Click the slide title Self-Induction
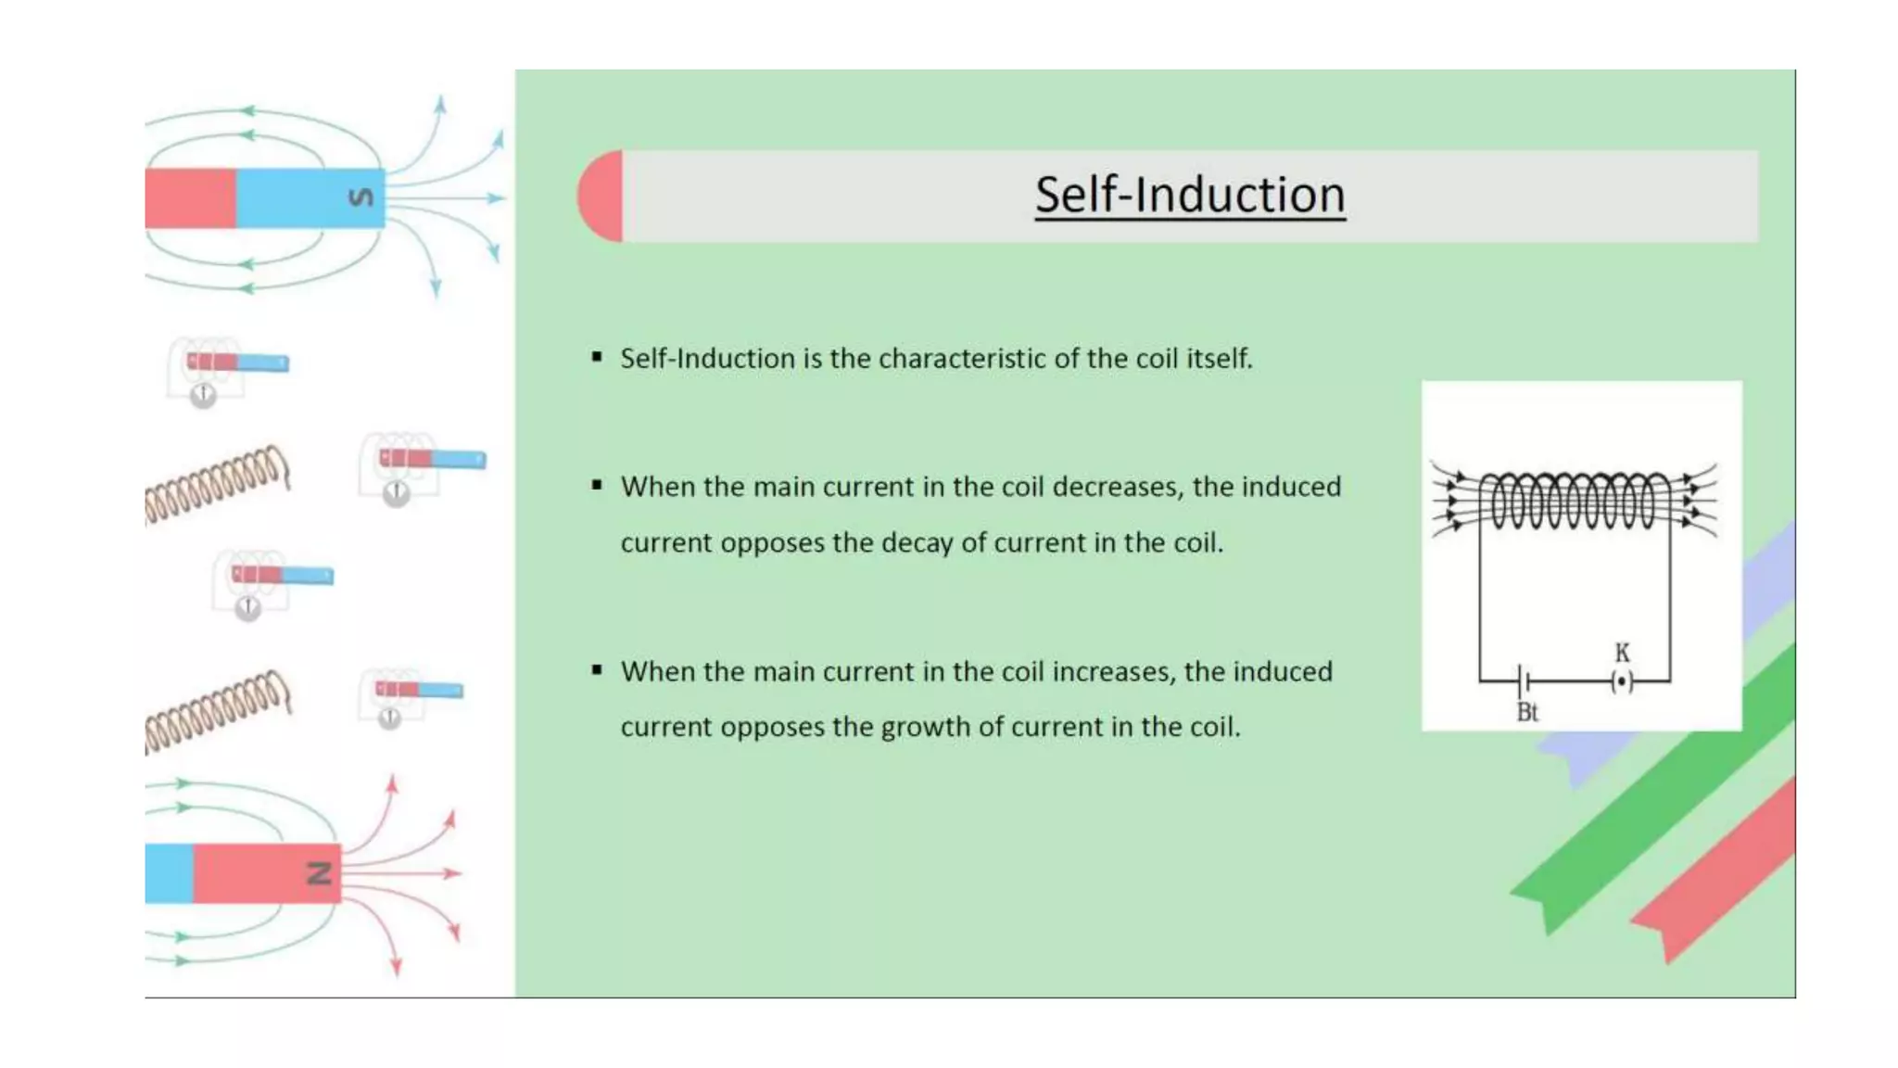coord(1189,196)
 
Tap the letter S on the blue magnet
coord(361,197)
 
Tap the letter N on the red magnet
coord(319,872)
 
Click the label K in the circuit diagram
coord(1622,653)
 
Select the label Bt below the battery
coord(1527,712)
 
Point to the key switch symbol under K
coord(1622,682)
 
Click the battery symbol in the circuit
coord(1522,682)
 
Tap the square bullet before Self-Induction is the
coord(597,357)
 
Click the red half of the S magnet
coord(190,198)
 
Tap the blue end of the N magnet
coord(169,873)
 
